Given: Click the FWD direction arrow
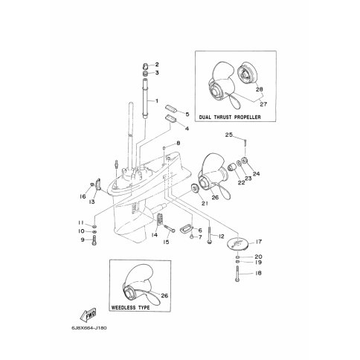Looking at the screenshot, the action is (x=89, y=315).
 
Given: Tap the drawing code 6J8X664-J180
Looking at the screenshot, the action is (x=89, y=328).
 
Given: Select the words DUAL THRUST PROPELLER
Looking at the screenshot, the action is (x=230, y=117).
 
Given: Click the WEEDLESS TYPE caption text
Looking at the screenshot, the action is (x=130, y=307).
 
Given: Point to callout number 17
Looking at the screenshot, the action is (x=259, y=242).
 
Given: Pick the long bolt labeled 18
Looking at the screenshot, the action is (x=237, y=274).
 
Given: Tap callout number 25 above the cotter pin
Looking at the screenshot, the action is (x=229, y=135).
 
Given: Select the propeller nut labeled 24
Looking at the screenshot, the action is (x=245, y=161).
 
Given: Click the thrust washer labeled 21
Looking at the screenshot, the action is (x=194, y=189).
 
